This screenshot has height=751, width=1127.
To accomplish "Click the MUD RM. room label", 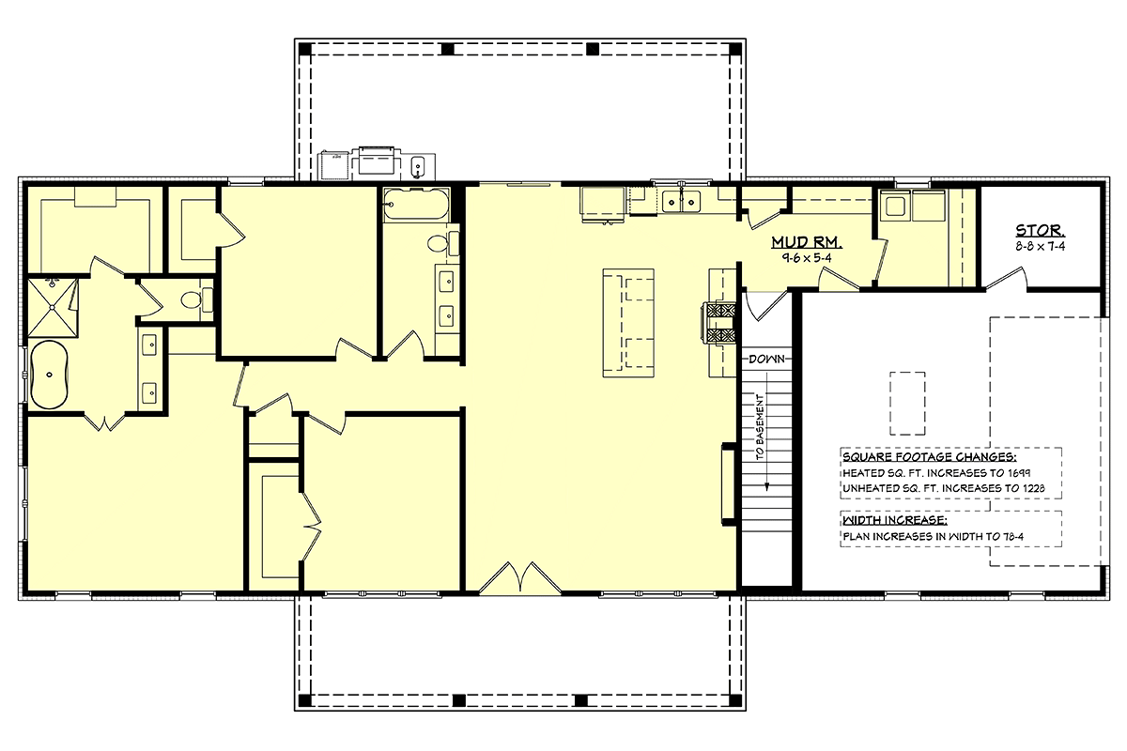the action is point(807,242).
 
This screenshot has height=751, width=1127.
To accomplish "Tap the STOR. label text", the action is point(1040,230).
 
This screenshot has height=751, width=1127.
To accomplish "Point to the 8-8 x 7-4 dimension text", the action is point(1040,247).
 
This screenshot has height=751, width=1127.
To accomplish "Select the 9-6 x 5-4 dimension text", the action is point(807,258).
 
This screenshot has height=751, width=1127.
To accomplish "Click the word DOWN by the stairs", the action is point(766,360).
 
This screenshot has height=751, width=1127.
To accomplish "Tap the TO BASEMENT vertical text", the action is point(760,426).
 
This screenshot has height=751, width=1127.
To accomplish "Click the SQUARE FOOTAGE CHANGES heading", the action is point(929,457).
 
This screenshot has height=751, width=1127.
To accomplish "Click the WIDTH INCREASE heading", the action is point(895,520).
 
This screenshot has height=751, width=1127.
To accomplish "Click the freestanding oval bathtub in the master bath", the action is point(49,375).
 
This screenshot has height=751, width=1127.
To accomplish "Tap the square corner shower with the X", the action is point(53,308).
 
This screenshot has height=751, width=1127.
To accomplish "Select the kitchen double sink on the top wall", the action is point(681,202).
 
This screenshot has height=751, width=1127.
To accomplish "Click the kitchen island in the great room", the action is point(628,323).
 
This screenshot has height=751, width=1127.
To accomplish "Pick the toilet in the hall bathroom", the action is point(442,244).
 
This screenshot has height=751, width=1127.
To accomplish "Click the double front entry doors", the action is point(520,578).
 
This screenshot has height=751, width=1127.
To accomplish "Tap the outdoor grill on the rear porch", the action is point(377,162).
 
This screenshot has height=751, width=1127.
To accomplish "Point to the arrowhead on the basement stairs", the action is point(766,486).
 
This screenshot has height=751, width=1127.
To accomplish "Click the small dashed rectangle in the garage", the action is point(907,404).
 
